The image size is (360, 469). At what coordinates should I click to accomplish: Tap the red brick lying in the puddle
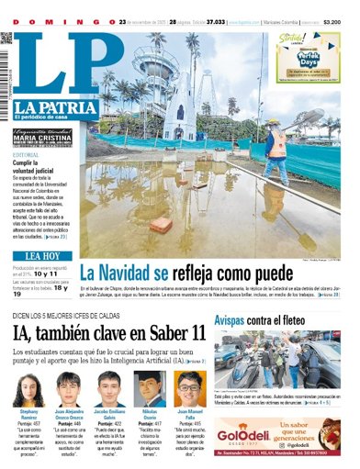[x=162, y=224]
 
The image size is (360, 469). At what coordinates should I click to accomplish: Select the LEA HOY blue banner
[x=42, y=255]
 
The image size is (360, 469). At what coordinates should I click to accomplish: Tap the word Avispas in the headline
[x=236, y=320]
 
